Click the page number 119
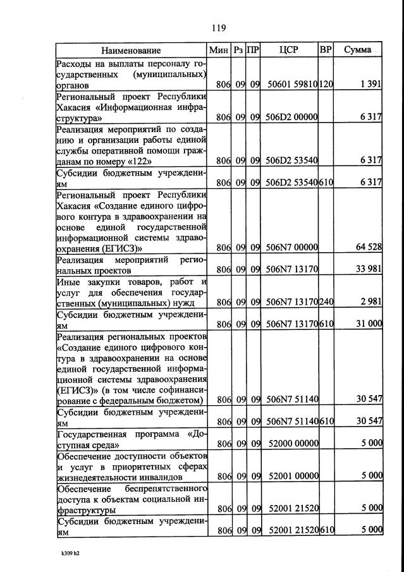click(x=219, y=28)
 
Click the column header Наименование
click(x=132, y=50)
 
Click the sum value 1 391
click(x=370, y=85)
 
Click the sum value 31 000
click(x=367, y=324)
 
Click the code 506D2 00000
click(x=291, y=117)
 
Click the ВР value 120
click(x=326, y=85)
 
